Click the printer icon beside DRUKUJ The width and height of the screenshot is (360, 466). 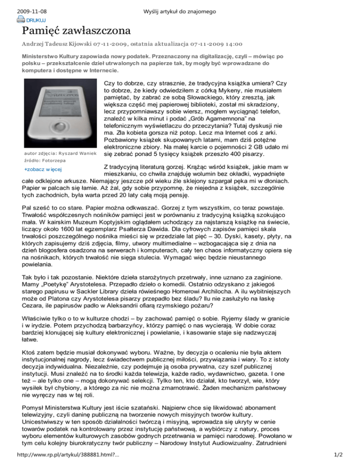21,19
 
